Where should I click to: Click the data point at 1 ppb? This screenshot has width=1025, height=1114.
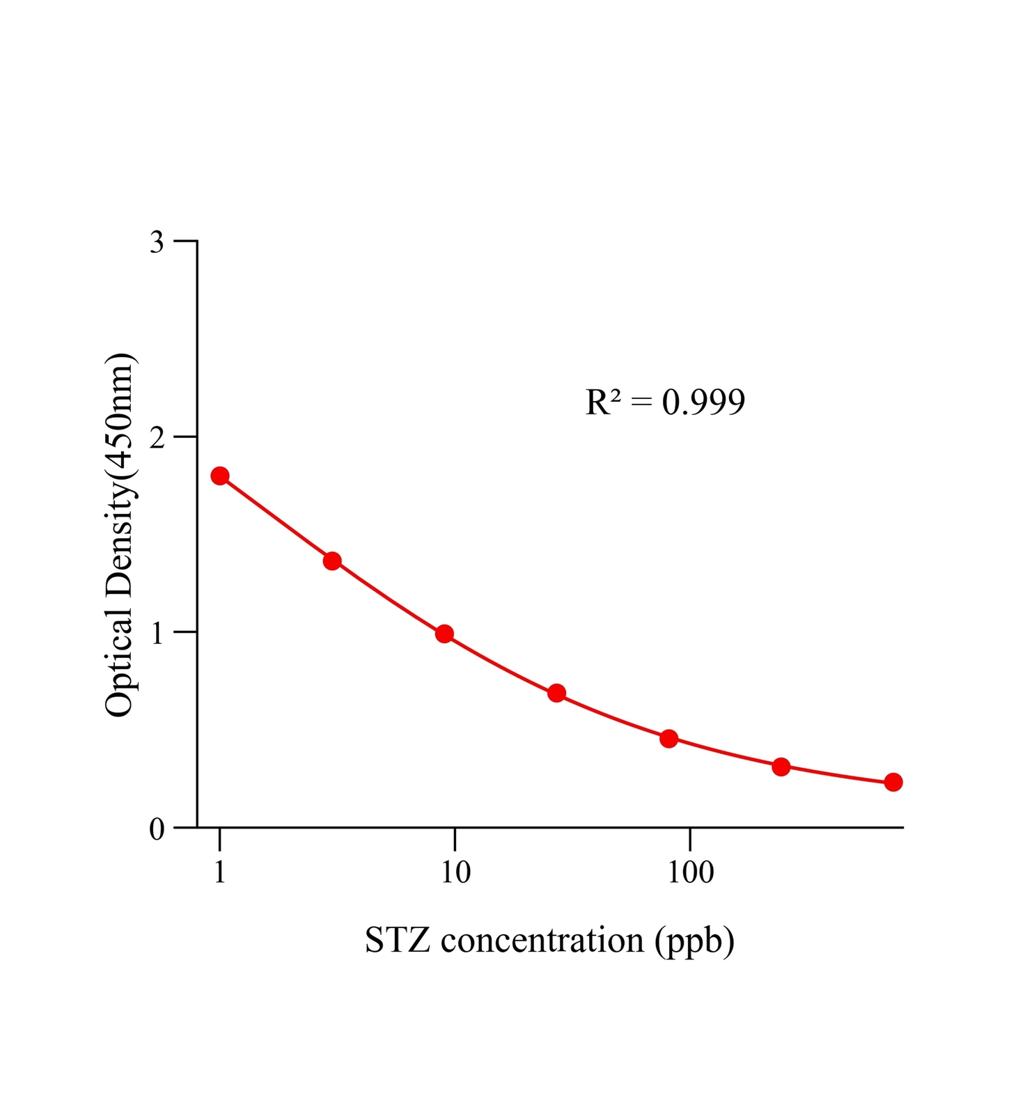click(x=220, y=476)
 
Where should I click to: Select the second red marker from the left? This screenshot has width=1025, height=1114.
click(x=332, y=561)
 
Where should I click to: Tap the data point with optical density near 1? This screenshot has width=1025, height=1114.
click(x=444, y=634)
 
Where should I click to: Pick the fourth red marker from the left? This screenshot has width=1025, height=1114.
click(x=556, y=693)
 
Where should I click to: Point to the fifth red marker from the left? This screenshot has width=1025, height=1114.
click(x=668, y=739)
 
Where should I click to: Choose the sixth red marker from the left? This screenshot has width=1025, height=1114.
click(x=781, y=767)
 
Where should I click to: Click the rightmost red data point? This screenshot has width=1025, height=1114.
click(x=893, y=782)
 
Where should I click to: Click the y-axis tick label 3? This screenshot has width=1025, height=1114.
click(x=157, y=242)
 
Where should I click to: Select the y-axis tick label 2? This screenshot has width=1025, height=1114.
click(x=157, y=437)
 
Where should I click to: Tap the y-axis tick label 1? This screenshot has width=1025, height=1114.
click(x=157, y=633)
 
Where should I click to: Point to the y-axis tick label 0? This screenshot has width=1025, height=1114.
click(x=157, y=829)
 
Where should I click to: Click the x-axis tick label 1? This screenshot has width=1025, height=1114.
click(x=220, y=872)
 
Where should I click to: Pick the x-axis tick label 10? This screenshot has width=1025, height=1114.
click(x=455, y=872)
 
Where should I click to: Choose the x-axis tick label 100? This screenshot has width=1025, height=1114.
click(x=690, y=872)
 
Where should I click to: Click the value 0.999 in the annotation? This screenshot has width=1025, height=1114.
click(x=703, y=402)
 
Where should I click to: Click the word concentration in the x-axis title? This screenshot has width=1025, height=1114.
click(x=542, y=941)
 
